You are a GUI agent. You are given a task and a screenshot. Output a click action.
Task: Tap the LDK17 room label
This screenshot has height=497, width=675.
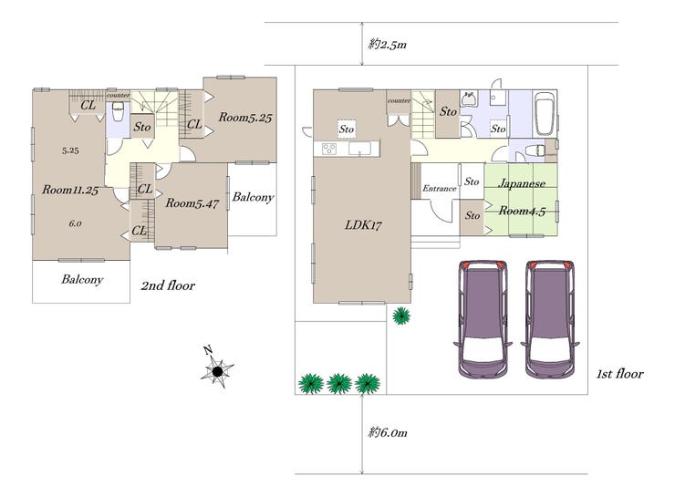363,225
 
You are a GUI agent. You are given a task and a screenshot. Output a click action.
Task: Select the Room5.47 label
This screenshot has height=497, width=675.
192,203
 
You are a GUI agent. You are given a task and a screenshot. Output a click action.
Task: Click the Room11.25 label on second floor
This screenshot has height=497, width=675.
70,190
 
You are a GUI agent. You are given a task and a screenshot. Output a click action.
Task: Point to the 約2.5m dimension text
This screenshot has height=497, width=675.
388,45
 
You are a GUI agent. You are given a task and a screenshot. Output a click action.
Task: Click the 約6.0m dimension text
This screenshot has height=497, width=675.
388,432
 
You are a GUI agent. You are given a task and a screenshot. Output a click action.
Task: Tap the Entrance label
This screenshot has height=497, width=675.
439,189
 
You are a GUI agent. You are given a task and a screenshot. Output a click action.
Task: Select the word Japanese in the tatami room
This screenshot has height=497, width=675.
522,183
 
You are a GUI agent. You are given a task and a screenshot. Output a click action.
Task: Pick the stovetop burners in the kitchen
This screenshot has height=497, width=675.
329,149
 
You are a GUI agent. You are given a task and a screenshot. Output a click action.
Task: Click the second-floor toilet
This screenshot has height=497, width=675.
118,113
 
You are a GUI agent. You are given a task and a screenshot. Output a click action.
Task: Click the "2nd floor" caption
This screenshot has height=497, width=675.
168,285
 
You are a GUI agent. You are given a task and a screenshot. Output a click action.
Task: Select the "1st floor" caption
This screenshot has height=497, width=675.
620,374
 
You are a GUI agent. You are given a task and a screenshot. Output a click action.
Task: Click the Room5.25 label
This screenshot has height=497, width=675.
245,118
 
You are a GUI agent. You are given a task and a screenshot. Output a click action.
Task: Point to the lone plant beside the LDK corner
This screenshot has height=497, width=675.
401,316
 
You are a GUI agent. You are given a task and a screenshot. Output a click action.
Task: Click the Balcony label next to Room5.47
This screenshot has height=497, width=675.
253,198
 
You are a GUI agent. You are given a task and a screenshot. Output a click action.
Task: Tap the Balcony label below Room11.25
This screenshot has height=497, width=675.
82,280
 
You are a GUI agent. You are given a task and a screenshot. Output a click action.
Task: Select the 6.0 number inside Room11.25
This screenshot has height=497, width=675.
75,223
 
